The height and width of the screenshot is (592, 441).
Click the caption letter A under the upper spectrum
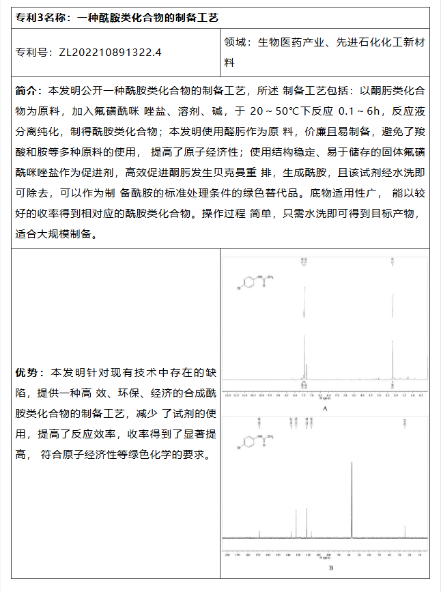[x=326, y=408]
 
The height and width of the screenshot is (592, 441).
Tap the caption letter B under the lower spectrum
[x=330, y=567]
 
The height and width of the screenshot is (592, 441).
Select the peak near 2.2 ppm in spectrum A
[x=393, y=341]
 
